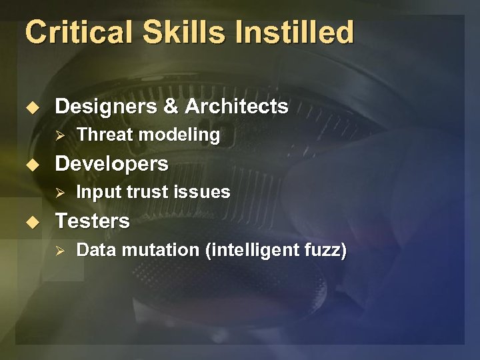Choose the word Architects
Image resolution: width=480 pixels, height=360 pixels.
pos(236,106)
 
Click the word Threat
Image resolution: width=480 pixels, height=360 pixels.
pos(103,135)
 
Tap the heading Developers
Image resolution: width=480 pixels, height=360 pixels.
pos(111,163)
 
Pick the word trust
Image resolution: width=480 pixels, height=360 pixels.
pos(146,193)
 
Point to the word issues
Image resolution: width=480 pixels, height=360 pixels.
pos(203,193)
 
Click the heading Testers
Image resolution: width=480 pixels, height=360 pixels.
pos(92,221)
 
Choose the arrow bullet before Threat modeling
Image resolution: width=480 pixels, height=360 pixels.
pos(59,135)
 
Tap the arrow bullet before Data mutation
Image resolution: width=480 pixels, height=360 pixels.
pos(59,251)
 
